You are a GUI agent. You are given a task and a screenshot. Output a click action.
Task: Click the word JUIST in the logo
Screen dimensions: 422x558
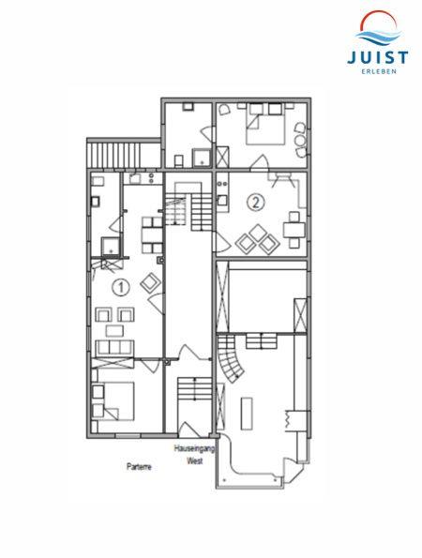tap(378, 57)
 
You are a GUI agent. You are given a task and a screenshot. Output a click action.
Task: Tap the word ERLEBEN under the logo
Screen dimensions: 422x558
tap(378, 71)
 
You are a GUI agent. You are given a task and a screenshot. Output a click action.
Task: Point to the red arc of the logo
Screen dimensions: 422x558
tap(378, 19)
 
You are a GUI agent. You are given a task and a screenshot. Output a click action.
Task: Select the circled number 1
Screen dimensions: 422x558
tap(121, 287)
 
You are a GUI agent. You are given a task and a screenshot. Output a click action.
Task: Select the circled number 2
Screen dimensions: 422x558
tap(256, 203)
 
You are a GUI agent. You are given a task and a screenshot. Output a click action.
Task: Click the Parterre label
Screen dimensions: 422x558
tap(139, 466)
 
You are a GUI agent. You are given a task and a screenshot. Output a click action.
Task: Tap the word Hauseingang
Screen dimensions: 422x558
tap(195, 448)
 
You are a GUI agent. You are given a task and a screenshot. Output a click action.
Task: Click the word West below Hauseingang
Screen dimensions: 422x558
tap(195, 460)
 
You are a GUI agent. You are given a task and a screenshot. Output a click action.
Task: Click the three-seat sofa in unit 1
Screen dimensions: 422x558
tap(114, 348)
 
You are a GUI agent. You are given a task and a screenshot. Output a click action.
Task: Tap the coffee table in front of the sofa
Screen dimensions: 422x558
tap(115, 331)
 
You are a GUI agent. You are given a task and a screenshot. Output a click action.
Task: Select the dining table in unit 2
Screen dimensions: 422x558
tap(294, 230)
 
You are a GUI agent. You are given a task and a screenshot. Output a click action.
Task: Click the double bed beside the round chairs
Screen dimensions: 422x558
tap(265, 124)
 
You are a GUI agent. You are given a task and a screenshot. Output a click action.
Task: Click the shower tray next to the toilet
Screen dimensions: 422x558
tap(202, 158)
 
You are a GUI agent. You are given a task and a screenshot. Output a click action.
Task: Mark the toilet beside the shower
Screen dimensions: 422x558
tap(179, 160)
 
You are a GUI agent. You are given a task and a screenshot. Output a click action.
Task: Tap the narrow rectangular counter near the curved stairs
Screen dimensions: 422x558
tap(247, 414)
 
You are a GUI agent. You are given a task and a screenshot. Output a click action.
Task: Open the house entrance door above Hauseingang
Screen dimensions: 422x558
tap(190, 430)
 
